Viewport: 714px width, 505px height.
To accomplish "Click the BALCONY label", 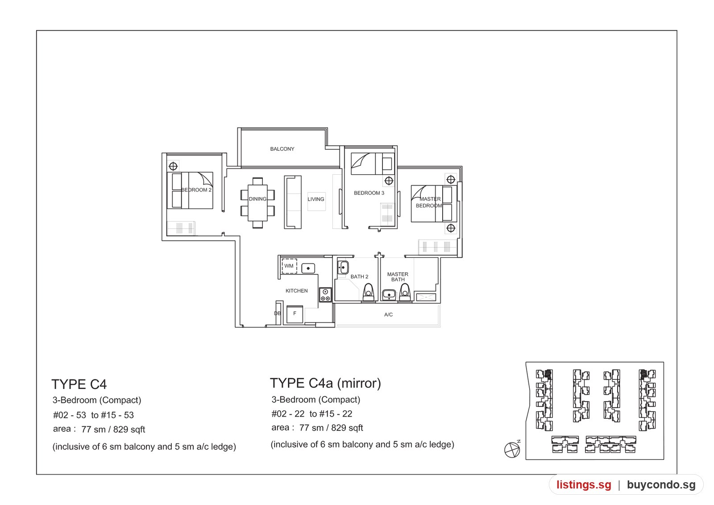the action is (282, 149).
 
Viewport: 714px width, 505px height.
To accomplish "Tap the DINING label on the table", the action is (257, 199).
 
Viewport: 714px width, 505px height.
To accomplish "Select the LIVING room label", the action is (316, 199).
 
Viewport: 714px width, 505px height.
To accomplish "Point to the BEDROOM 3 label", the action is (369, 193).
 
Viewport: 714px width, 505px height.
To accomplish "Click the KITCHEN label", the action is (296, 291).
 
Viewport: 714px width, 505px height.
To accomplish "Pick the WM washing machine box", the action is (289, 266).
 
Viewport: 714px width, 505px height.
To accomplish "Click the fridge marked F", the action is (295, 314).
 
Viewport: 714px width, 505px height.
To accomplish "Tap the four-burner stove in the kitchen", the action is (325, 295).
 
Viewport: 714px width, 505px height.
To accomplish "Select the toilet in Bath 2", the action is (369, 292).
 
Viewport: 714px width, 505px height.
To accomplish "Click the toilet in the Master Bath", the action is (405, 292).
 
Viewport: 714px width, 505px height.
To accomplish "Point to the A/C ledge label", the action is (388, 315).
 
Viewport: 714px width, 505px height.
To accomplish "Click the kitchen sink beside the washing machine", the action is (308, 268).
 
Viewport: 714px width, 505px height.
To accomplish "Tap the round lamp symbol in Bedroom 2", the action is (173, 166).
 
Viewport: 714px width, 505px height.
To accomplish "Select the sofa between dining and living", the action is (293, 202).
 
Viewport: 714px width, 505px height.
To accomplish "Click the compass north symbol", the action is (512, 450).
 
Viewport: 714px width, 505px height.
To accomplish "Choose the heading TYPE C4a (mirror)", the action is (325, 383).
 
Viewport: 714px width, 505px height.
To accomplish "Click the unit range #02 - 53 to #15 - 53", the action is (93, 415).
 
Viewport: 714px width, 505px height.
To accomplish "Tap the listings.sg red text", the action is (584, 484).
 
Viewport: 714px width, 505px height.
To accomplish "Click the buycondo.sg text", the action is (661, 484).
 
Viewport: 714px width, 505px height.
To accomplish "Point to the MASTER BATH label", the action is (398, 277).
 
